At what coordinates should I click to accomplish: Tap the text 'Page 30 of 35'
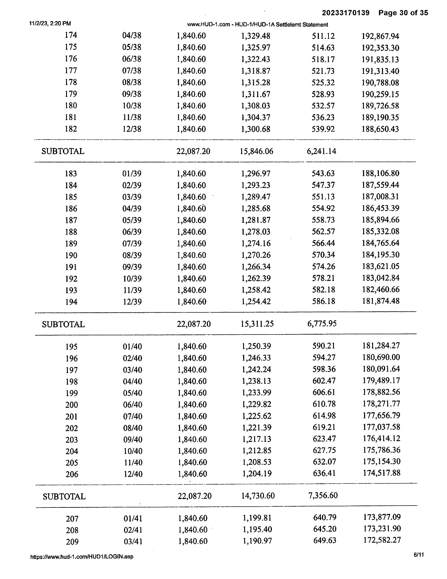403,13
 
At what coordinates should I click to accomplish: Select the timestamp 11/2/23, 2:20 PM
50,23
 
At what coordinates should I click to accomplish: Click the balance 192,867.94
380,36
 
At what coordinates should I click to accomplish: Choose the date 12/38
132,129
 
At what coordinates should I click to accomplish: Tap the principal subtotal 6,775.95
322,324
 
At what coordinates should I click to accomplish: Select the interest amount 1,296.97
256,174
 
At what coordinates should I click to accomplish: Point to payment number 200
72,405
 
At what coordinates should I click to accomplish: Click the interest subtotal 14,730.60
258,496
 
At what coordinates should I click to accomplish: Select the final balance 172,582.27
382,540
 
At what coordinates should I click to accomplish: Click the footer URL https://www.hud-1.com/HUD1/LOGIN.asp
82,557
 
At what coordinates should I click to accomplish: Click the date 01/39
132,174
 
